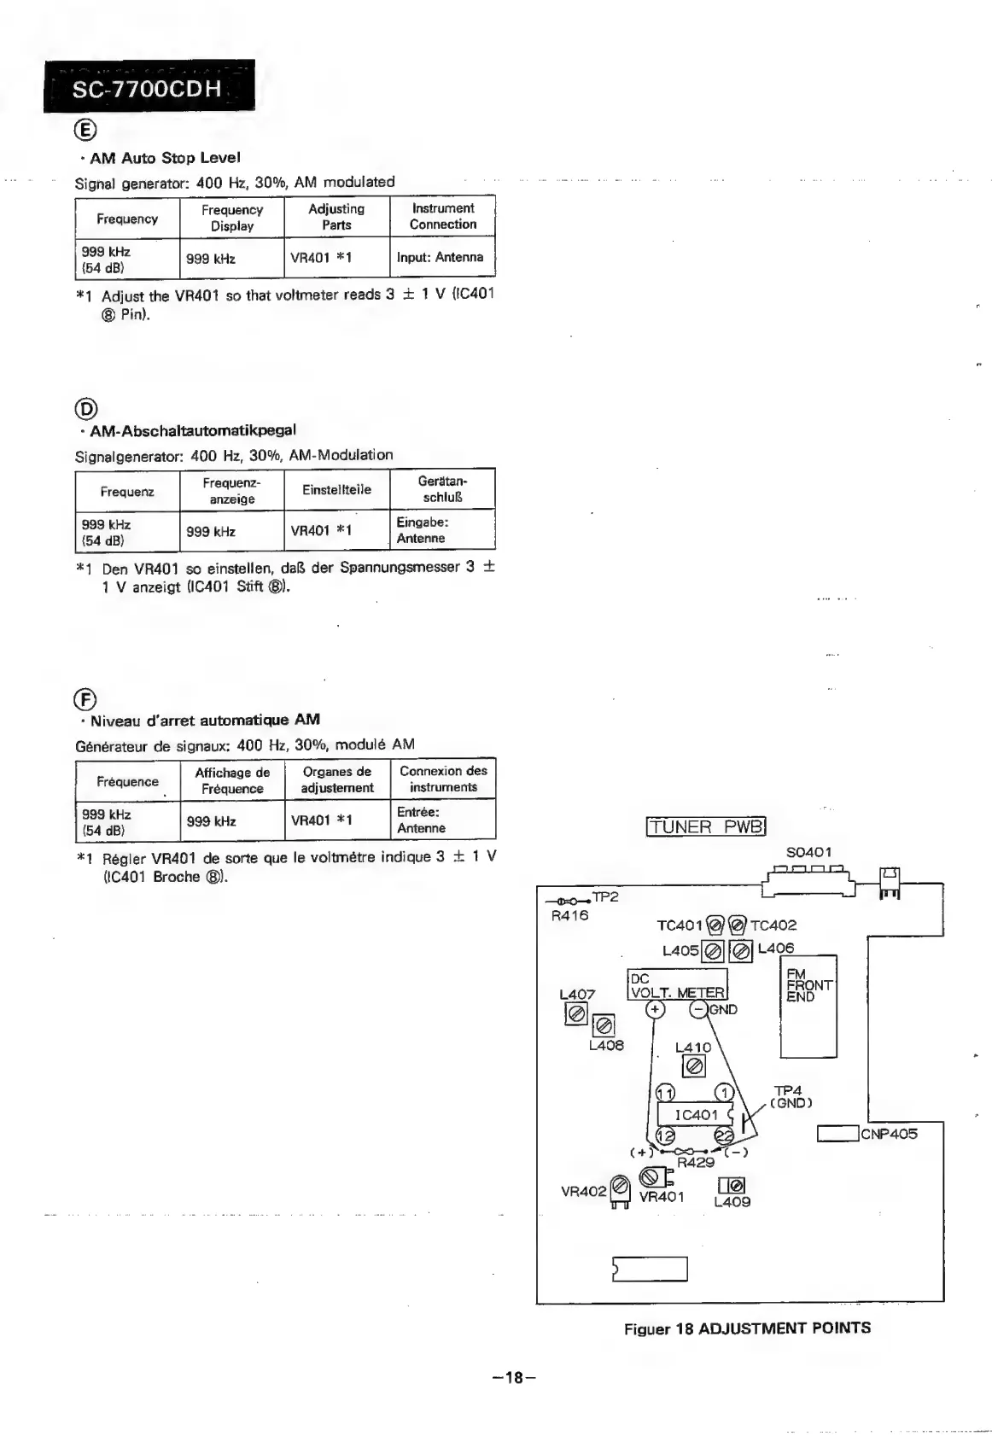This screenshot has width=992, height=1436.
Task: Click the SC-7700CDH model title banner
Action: [x=149, y=88]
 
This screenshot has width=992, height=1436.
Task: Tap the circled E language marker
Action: [x=85, y=130]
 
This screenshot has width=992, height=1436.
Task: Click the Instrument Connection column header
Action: [x=442, y=217]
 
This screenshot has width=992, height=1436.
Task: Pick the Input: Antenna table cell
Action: [x=441, y=257]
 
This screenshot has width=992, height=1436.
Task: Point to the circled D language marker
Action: [x=85, y=407]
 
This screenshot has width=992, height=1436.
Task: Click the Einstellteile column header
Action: [x=336, y=490]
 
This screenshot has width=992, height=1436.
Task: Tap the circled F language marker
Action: [x=85, y=697]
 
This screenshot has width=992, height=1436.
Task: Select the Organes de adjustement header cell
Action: [x=336, y=779]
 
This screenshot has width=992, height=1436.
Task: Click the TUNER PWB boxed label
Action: [x=707, y=826]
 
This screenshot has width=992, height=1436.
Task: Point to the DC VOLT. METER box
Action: [x=677, y=985]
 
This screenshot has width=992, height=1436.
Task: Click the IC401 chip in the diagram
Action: [x=696, y=1115]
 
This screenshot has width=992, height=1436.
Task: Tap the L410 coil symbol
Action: [x=694, y=1066]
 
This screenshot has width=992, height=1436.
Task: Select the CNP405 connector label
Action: [x=889, y=1134]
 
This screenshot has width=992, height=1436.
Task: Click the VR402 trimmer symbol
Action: [x=621, y=1186]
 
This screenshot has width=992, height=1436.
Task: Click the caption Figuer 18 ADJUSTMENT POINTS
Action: [x=747, y=1328]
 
